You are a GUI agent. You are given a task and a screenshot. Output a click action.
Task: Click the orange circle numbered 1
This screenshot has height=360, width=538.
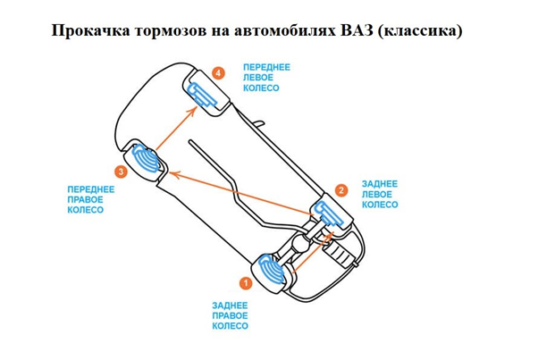tap(245, 281)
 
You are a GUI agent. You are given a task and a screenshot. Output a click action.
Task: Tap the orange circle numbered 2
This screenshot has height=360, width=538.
tap(340, 189)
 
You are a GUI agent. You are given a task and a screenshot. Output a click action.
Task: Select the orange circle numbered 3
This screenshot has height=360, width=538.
tap(120, 170)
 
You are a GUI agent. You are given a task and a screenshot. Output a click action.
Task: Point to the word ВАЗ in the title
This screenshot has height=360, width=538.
tap(354, 31)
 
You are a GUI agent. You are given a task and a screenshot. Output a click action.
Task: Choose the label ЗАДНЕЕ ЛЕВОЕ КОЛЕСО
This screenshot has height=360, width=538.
tap(380, 194)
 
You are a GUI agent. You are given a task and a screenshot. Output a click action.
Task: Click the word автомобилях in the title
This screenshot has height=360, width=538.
tap(271, 31)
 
